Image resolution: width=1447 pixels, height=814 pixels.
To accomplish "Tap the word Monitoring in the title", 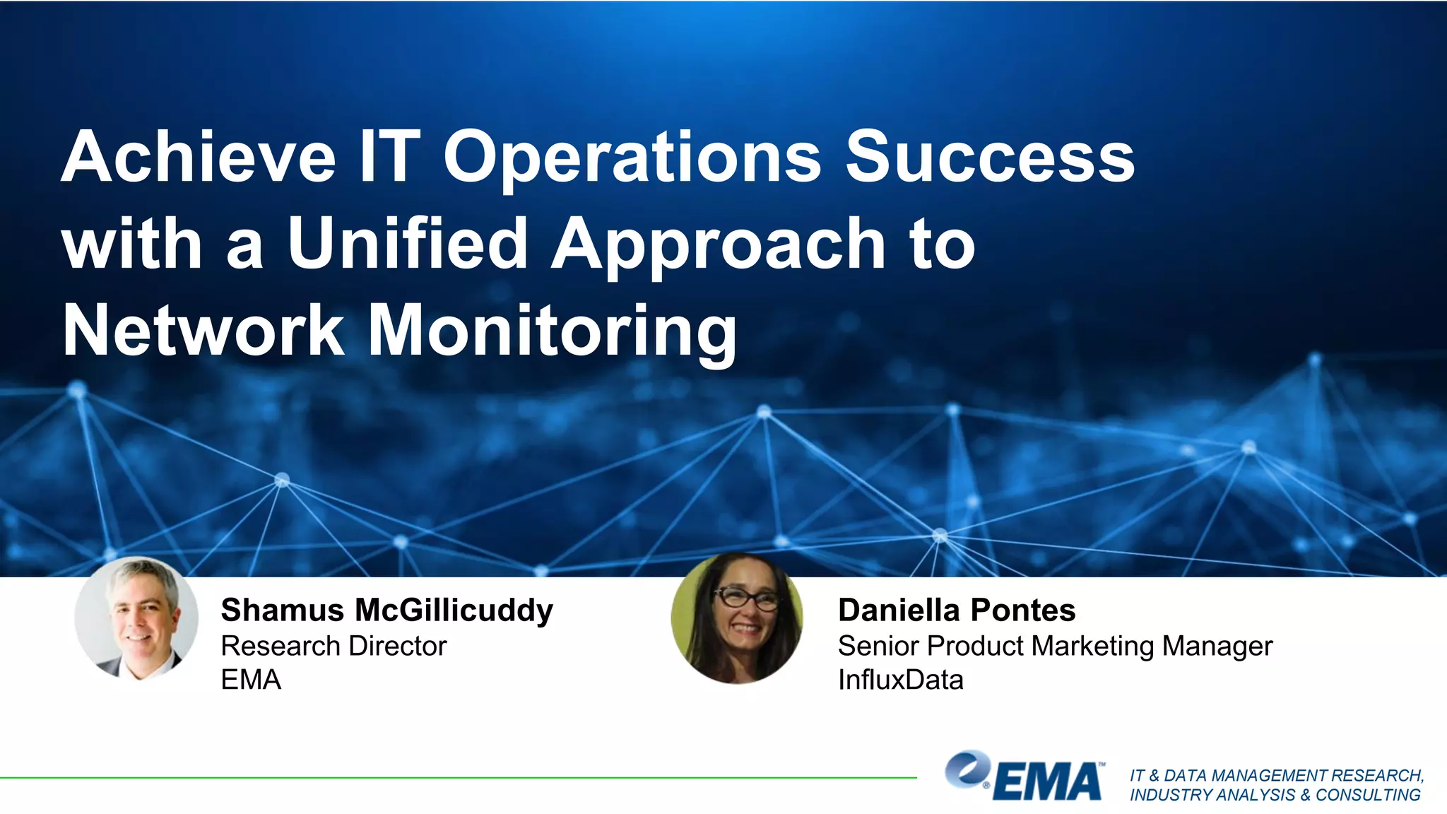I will [553, 330].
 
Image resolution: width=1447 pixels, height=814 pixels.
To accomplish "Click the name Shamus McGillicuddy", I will [386, 610].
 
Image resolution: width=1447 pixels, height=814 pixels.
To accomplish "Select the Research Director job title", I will [333, 646].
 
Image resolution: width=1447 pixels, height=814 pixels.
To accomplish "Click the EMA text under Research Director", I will [251, 680].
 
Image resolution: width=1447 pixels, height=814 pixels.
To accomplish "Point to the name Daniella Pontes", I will [957, 610].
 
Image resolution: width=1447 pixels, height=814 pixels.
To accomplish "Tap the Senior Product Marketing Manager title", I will [1055, 646].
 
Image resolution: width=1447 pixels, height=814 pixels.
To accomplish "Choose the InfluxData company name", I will [900, 680].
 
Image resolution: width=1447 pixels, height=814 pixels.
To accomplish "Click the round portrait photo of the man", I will [136, 618].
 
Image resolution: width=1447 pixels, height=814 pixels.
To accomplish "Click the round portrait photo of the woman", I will [737, 618].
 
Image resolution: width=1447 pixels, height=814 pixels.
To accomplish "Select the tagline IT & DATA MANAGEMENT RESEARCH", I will [1276, 775].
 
